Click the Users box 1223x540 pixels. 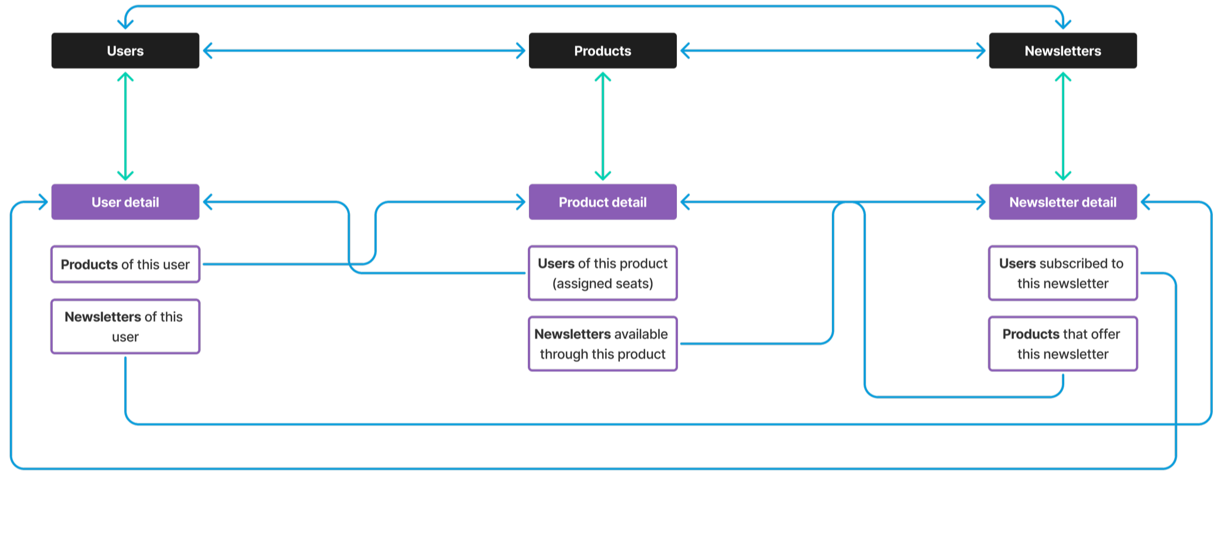[x=125, y=51]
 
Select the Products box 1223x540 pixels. [x=603, y=51]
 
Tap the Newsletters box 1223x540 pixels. [x=1063, y=51]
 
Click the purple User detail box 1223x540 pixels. [x=125, y=202]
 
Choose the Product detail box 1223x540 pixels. [x=603, y=202]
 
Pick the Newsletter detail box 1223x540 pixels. [x=1063, y=202]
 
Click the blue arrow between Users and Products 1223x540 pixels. [x=364, y=51]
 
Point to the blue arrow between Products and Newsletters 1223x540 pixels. [x=833, y=51]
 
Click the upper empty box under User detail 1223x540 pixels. [x=125, y=264]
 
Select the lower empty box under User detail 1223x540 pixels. [x=125, y=326]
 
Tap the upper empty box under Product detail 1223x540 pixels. [x=603, y=273]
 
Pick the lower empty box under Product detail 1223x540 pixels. [x=603, y=343]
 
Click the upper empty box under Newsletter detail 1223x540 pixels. [x=1063, y=273]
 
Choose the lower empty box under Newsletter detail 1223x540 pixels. [x=1063, y=343]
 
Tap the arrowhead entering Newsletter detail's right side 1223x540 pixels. [x=1145, y=202]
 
